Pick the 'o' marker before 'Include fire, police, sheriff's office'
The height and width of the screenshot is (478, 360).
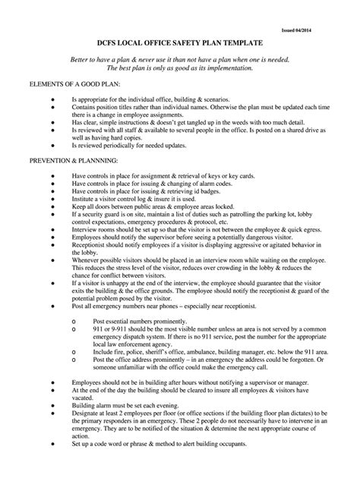[x=72, y=353]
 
